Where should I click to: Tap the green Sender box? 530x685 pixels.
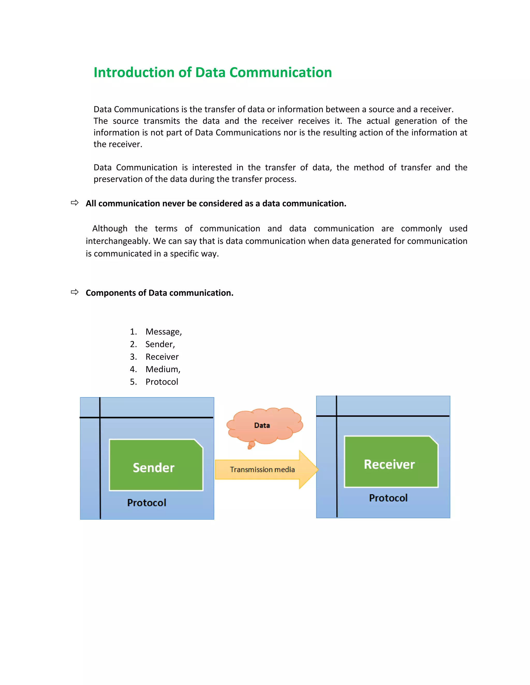[x=156, y=465]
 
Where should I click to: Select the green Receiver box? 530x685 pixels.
[x=391, y=462]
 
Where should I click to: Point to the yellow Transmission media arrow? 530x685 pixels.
[x=262, y=469]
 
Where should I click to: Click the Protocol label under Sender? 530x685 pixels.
[x=147, y=503]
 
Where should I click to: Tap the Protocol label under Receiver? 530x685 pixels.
[x=388, y=498]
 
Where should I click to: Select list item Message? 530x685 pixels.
[x=163, y=332]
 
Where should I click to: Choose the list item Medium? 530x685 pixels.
[x=163, y=369]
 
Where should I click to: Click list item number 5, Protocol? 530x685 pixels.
[x=162, y=382]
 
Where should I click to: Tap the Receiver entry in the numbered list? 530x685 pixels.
[x=162, y=357]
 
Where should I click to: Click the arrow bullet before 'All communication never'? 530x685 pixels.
[x=75, y=203]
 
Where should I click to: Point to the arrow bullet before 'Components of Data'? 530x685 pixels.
[x=75, y=292]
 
